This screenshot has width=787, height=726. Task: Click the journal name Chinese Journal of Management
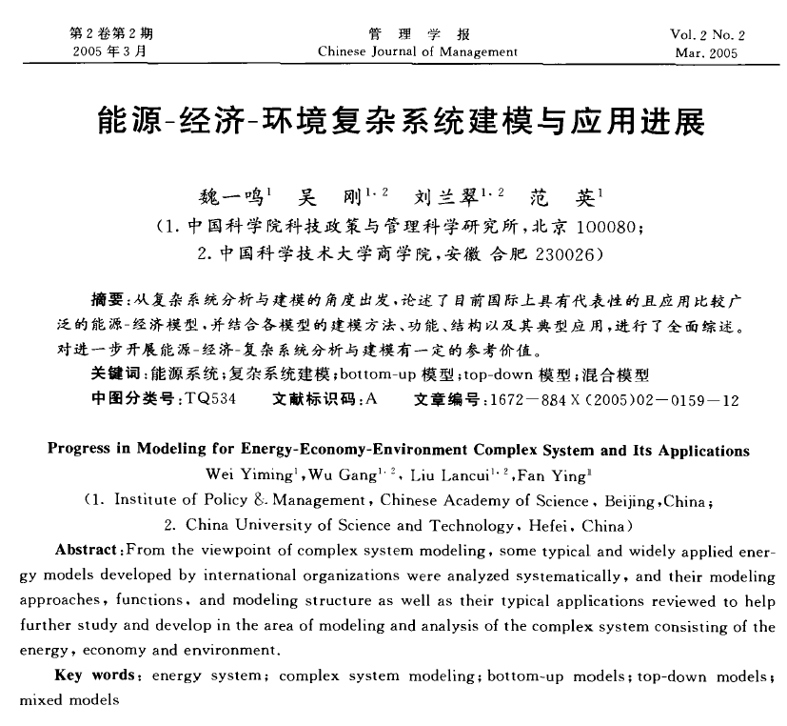pos(417,51)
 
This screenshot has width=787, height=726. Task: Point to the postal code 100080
pos(598,229)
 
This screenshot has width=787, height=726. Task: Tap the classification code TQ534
pos(211,399)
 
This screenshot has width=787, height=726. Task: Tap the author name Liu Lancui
pos(453,474)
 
